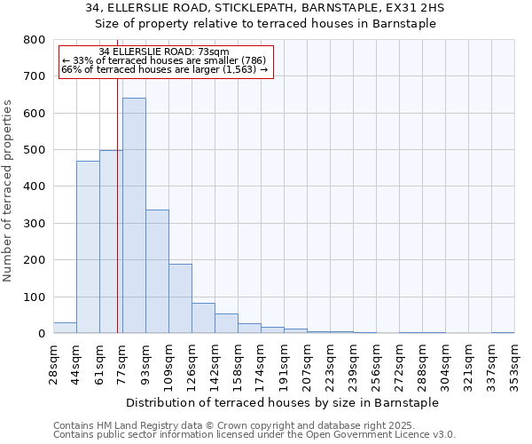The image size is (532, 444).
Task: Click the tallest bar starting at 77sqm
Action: [134, 216]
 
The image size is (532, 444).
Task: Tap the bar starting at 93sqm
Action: [157, 272]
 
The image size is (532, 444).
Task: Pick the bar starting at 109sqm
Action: [180, 298]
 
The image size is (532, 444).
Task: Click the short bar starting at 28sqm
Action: [65, 328]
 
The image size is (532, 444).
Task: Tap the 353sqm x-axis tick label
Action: [515, 362]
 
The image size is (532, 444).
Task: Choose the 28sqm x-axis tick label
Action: [54, 362]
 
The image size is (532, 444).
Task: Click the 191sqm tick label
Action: [285, 362]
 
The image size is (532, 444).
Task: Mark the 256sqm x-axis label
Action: [377, 362]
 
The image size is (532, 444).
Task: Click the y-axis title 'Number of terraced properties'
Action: [9, 191]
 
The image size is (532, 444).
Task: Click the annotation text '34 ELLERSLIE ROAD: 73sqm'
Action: [164, 52]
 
